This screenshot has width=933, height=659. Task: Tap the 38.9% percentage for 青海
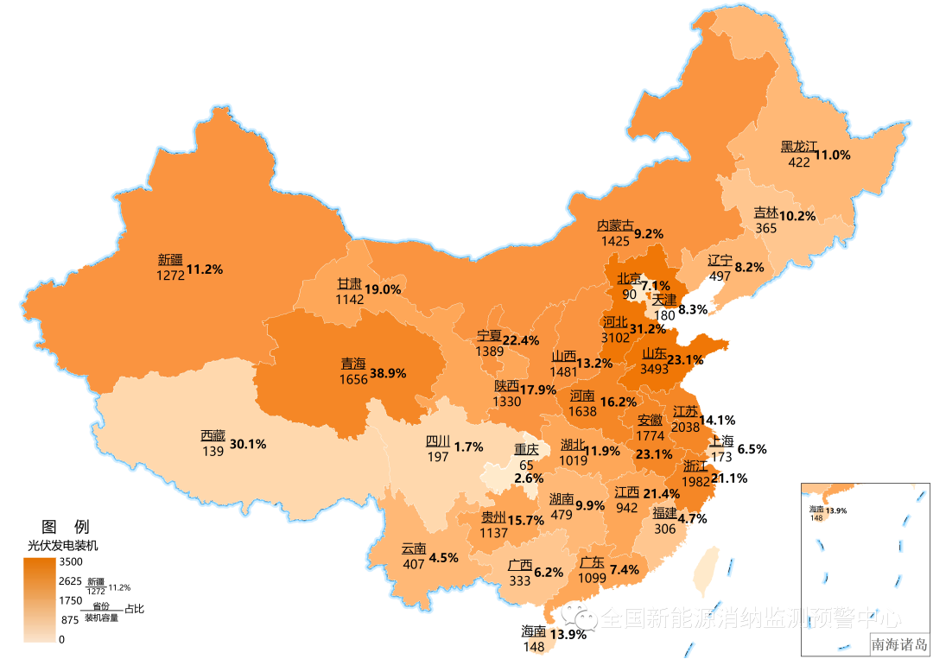click(388, 373)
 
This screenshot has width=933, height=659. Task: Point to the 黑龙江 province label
click(798, 146)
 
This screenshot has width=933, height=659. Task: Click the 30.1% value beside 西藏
click(247, 444)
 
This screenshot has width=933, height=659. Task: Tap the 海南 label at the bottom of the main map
click(533, 630)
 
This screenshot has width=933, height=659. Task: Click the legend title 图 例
click(65, 526)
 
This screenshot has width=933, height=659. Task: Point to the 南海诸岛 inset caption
click(898, 643)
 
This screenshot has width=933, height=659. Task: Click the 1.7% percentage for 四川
click(467, 447)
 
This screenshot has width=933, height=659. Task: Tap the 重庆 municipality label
click(526, 449)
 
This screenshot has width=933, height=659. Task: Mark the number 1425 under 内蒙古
click(615, 241)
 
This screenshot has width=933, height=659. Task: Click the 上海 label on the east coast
click(722, 440)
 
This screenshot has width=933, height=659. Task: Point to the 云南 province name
click(414, 548)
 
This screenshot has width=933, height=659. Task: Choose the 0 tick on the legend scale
click(61, 639)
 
